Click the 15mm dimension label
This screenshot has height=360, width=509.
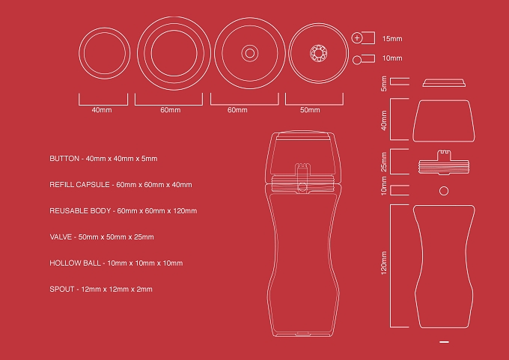click(392, 39)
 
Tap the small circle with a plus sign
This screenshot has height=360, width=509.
click(357, 37)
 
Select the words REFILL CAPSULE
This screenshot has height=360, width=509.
click(79, 185)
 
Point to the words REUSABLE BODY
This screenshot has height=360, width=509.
click(80, 211)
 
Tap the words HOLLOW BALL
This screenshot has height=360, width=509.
click(75, 263)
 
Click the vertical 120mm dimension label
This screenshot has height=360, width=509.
click(384, 263)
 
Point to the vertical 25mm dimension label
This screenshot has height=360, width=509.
click(384, 162)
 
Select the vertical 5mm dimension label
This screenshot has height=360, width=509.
click(384, 84)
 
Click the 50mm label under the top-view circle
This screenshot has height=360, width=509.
click(310, 110)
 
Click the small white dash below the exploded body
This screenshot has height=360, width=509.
click(444, 342)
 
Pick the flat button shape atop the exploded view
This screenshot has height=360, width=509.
click(444, 83)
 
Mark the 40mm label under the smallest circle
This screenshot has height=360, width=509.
click(102, 110)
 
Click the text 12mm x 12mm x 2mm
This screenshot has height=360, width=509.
click(117, 289)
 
